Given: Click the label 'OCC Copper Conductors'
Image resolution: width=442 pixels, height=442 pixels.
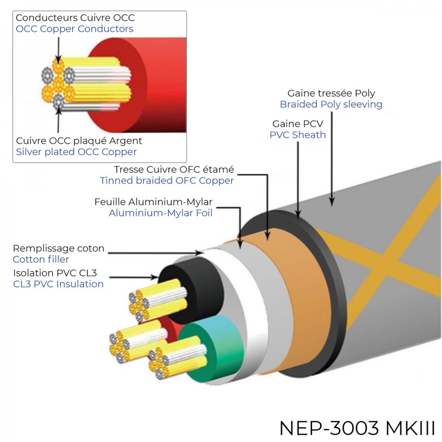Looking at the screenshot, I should coord(74,29).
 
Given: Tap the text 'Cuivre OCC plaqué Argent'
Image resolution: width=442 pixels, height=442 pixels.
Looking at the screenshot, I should coord(79,141).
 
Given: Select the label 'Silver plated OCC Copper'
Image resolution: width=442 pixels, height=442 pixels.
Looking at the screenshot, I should coord(76,152).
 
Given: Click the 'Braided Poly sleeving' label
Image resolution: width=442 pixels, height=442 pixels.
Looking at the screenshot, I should coord(331,104).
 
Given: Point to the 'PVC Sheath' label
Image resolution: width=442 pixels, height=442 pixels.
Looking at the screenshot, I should coord(298,135).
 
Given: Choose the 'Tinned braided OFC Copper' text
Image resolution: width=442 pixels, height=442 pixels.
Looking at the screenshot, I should coord(166,181).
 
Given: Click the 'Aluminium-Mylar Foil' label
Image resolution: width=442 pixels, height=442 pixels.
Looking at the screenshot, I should coord(160,213).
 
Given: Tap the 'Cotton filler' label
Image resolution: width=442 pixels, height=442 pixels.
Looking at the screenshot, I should coord(41,259).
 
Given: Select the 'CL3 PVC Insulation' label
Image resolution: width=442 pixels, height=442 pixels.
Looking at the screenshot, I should coord(58,284).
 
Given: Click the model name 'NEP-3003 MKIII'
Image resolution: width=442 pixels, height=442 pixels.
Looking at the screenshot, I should coord(357,428).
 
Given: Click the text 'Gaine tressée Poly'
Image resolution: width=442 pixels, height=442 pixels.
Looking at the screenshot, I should coord(331,93).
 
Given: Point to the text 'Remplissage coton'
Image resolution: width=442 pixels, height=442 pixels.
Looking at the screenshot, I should coord(58,249).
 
